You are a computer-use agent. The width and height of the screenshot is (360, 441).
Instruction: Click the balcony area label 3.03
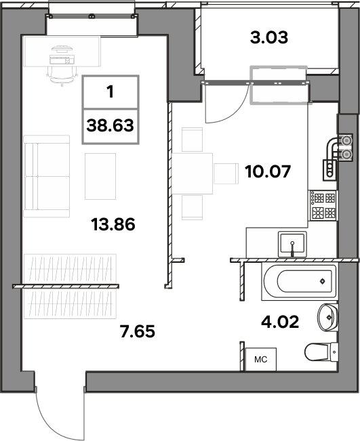coord(269,38)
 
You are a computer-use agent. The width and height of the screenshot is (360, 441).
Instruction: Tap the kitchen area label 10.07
coord(268,171)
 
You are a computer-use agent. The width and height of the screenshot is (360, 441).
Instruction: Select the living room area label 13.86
coord(113,224)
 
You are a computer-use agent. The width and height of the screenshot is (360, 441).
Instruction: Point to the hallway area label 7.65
coord(138,331)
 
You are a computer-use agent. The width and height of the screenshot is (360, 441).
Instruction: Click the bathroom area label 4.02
coord(280,322)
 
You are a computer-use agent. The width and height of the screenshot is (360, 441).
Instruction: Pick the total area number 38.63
coord(111,125)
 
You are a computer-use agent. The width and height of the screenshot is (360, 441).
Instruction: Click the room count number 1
coord(111,91)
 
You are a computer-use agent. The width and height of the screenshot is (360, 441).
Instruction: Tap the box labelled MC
coord(260,359)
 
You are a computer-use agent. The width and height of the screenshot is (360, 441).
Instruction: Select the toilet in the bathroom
coord(321,352)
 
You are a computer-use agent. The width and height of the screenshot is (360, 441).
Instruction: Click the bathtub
coord(299,281)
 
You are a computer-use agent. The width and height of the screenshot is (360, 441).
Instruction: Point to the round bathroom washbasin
coord(327,317)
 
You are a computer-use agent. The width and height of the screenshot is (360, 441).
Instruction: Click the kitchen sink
coord(292,244)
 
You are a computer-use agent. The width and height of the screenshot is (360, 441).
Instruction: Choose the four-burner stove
coord(323,205)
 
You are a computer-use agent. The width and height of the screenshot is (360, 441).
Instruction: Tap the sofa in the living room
coord(47,176)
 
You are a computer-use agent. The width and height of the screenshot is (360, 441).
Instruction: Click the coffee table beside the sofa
coord(100,176)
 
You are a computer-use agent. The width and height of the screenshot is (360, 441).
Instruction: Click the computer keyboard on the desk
coord(60,60)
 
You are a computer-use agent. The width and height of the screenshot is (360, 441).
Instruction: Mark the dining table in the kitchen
coord(193,173)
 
